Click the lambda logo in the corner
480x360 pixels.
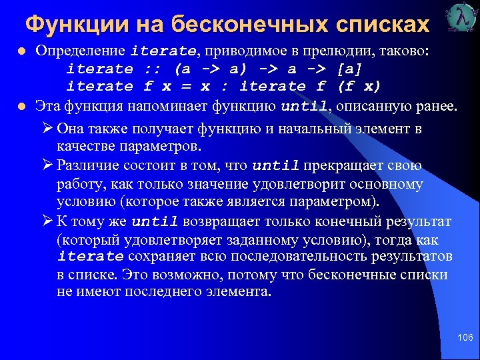tap(459, 18)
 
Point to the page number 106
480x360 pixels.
tap(465, 339)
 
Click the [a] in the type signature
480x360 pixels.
tap(350, 69)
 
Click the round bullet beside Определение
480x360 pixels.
tap(23, 51)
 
